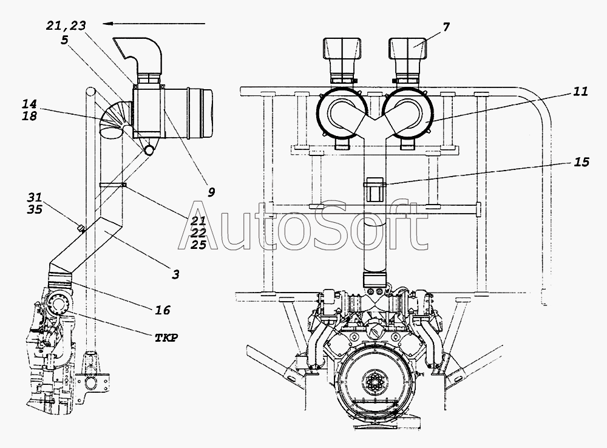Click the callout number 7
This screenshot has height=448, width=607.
[x=446, y=27]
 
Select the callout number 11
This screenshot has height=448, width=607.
[x=580, y=92]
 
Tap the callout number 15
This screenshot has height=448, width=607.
[x=581, y=162]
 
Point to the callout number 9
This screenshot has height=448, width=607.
[x=211, y=192]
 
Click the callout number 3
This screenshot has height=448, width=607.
[x=176, y=275]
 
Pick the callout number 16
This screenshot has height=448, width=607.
[x=163, y=310]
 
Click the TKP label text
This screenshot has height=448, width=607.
[x=166, y=338]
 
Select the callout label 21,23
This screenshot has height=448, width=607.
[x=66, y=25]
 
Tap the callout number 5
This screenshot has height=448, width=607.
[x=65, y=40]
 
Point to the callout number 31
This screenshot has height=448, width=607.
[x=35, y=197]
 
